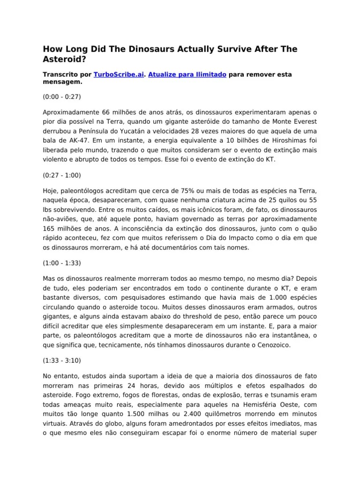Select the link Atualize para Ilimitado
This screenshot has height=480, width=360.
(187, 75)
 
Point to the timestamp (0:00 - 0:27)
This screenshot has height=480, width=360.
(62, 97)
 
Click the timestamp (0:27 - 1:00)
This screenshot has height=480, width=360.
(62, 175)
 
